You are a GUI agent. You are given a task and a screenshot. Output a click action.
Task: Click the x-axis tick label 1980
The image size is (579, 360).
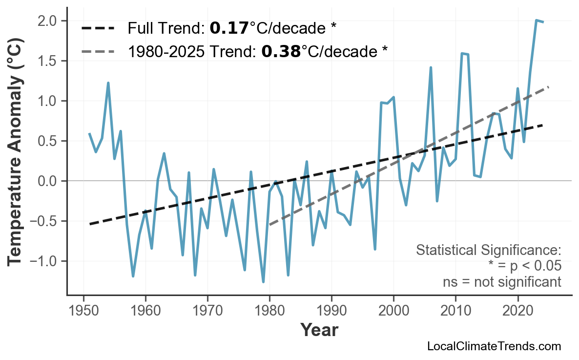click(269, 310)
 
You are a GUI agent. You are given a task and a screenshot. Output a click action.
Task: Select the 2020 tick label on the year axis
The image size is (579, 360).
click(517, 310)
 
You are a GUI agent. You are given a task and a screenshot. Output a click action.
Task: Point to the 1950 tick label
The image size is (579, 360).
click(83, 310)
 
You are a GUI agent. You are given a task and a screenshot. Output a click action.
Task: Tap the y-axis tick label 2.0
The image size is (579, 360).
click(47, 21)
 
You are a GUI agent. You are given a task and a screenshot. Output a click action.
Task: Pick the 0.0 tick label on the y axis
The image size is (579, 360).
click(47, 181)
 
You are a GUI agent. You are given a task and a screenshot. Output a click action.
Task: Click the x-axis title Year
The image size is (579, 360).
click(319, 330)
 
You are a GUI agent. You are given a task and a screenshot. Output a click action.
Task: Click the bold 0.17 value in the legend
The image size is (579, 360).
click(229, 28)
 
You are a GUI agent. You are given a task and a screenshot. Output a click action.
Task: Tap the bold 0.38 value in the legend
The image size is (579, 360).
click(281, 51)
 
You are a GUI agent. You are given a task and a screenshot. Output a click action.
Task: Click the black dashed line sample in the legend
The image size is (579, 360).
click(98, 28)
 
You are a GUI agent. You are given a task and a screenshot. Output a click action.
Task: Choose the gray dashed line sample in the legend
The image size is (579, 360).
click(98, 51)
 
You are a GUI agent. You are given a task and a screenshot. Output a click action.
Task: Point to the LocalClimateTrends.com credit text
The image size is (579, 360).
click(494, 346)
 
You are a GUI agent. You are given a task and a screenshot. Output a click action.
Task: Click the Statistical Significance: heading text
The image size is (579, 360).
click(488, 251)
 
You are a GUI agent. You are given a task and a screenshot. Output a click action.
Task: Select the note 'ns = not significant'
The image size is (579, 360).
click(502, 282)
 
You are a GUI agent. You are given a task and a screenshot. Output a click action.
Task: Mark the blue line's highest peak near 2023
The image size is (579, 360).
click(536, 21)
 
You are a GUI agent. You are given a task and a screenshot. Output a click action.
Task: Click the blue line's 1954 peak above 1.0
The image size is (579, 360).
click(108, 83)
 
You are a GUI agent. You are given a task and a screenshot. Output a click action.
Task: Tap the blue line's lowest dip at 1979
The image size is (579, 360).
click(263, 282)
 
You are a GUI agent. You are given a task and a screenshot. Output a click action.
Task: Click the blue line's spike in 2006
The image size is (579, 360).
click(431, 67)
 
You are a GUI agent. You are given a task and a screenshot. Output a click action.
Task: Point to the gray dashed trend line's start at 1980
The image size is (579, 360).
click(269, 225)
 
